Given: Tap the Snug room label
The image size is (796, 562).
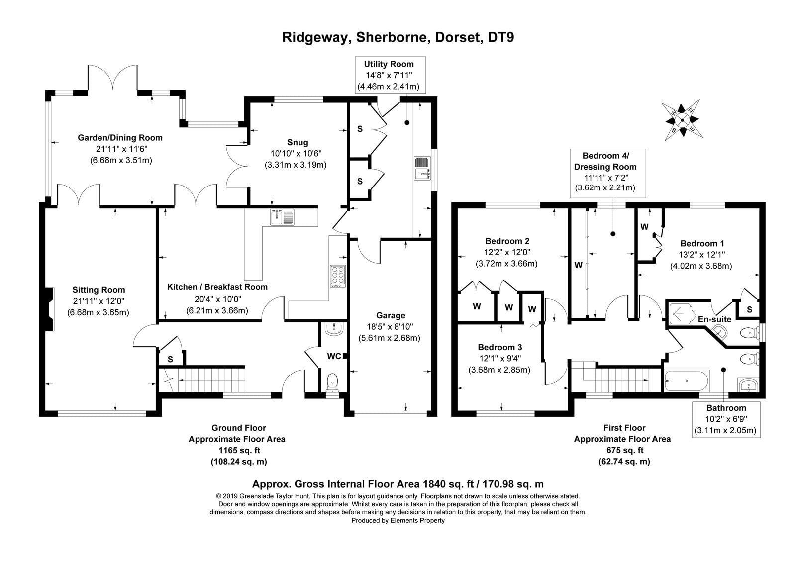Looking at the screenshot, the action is point(298,142).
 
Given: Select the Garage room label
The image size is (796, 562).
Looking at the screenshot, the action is point(391,315).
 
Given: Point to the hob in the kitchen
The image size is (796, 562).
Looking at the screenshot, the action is point(337,276).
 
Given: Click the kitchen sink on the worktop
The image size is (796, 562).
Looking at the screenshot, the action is point(282,217).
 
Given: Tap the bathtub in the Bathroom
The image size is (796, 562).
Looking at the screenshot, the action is point(687,381).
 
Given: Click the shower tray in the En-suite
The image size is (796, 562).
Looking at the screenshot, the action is point(681,314).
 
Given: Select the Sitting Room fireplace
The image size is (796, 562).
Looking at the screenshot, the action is point(49,309).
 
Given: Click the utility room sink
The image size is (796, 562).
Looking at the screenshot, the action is point(422,168).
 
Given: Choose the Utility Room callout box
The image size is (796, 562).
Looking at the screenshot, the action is point(390,75).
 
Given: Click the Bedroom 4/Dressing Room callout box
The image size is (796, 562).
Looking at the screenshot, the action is point(607,173).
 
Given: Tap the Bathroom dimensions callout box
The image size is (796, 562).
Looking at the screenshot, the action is point(726,420).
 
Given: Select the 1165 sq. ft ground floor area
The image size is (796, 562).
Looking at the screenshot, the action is point(239,450).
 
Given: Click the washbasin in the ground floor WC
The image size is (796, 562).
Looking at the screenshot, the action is point(334,329).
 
